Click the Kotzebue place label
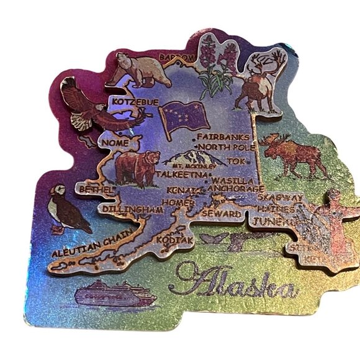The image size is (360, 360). point(135,101)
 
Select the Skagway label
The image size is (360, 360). point(281,197)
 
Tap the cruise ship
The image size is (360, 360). point(115,295)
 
